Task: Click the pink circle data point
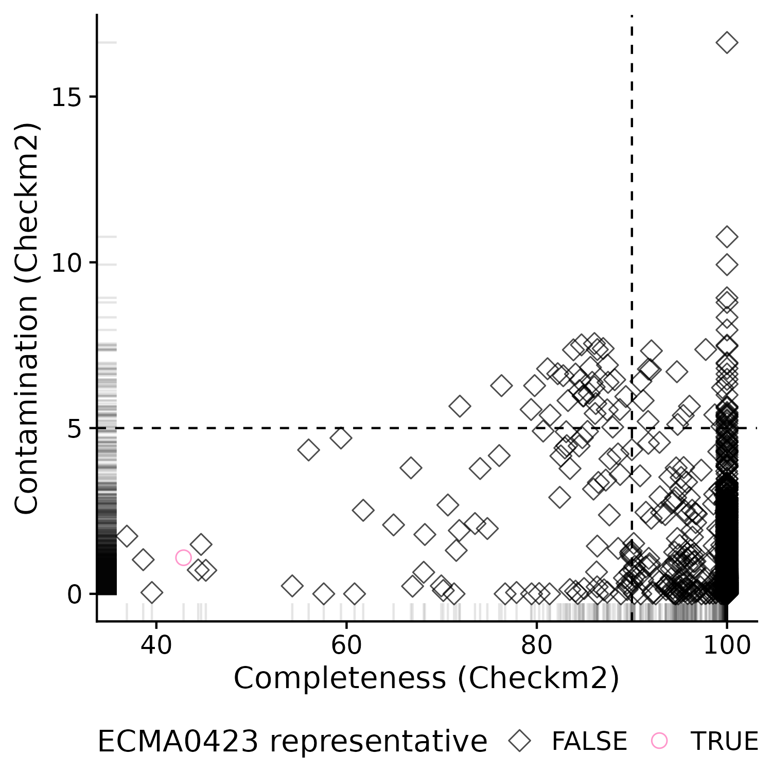(x=183, y=557)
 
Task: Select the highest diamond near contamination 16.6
(x=727, y=43)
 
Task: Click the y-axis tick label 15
(x=67, y=97)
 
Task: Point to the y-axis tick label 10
(x=67, y=263)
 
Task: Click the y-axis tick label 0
(x=75, y=595)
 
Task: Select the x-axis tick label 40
(x=156, y=645)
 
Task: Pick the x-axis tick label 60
(x=346, y=645)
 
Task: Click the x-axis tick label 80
(x=536, y=645)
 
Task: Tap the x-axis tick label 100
(x=727, y=645)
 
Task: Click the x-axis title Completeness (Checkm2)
(x=427, y=678)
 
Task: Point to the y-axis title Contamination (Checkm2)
(x=27, y=318)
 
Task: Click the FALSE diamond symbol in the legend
(x=520, y=741)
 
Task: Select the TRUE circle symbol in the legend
(x=659, y=741)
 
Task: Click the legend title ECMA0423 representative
(x=292, y=742)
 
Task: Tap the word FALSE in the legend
(x=589, y=742)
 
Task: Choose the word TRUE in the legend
(x=724, y=742)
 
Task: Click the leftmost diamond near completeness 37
(x=127, y=536)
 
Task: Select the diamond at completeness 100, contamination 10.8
(x=727, y=237)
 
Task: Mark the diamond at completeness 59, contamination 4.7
(x=341, y=438)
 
